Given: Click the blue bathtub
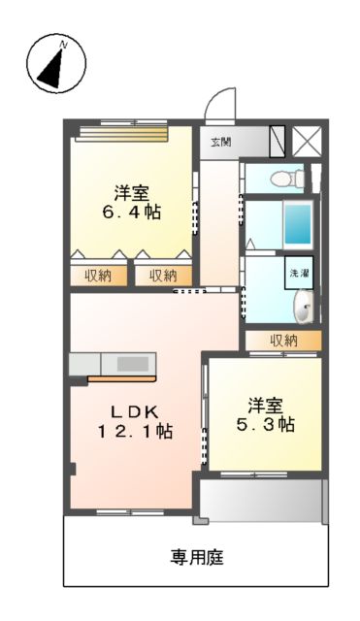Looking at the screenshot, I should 297,223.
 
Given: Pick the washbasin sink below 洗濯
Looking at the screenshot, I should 303,309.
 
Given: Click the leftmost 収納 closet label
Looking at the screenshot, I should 97,276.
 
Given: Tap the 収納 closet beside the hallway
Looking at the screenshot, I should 163,276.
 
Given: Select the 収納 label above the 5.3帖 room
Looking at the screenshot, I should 283,341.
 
